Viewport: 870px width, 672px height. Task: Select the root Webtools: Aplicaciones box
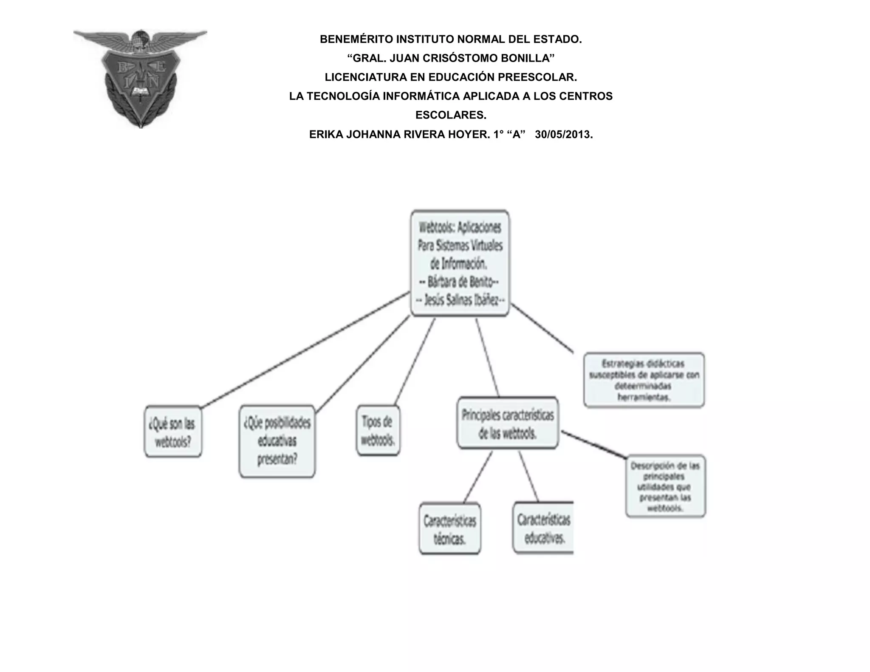coord(460,263)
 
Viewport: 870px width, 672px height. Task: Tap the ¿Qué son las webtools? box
coord(173,432)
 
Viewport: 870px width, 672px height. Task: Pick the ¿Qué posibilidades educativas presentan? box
coord(277,441)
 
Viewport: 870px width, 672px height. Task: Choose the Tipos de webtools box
coord(378,430)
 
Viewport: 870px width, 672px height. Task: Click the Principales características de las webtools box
coord(508,423)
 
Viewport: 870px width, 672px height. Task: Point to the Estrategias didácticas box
coord(644,380)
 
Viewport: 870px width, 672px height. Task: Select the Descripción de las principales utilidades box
coord(665,486)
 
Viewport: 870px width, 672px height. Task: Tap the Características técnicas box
coord(449,528)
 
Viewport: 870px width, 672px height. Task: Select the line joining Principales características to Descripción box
coord(593,444)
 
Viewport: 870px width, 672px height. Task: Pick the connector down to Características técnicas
coord(478,477)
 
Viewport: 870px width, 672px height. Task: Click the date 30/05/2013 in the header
coord(563,135)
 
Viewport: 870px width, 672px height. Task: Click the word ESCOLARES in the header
coord(450,115)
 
